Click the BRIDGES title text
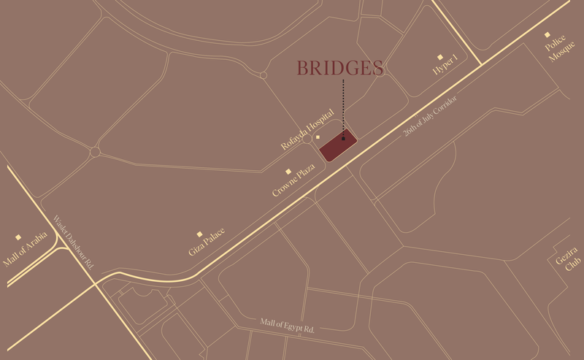pos(340,69)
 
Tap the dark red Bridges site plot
pos(338,146)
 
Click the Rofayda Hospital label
pos(307,130)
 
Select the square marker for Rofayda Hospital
pos(318,137)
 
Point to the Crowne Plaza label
pos(293,180)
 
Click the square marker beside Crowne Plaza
pos(289,172)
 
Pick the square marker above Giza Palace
pos(199,234)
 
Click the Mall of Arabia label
pos(25,249)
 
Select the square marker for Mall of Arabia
pos(18,237)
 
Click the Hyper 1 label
pos(445,64)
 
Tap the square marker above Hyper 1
pos(439,56)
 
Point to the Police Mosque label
pos(556,47)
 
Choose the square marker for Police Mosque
pos(547,34)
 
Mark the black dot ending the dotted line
pos(343,137)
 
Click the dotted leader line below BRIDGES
pos(343,106)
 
